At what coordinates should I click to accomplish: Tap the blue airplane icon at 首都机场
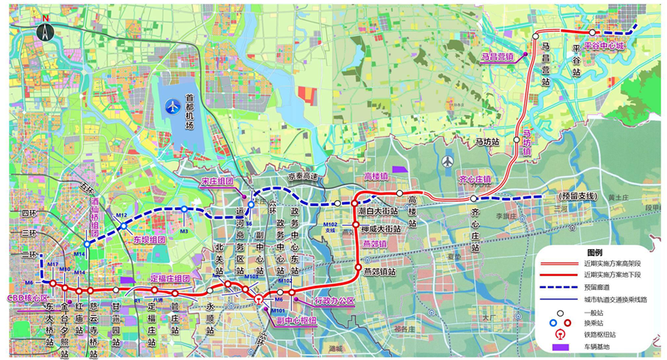pyautogui.click(x=173, y=106)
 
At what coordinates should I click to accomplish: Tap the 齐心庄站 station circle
pyautogui.click(x=473, y=198)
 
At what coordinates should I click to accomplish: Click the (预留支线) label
pyautogui.click(x=576, y=196)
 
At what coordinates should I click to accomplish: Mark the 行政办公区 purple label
pyautogui.click(x=334, y=299)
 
